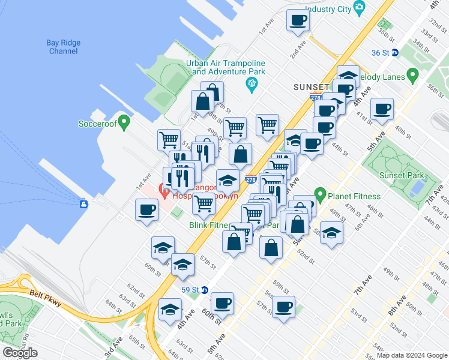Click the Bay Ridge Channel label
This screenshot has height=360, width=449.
(63, 47)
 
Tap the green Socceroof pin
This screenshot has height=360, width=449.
(124, 124)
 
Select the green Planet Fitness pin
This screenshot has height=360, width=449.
(321, 196)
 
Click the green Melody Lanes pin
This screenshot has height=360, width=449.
(412, 76)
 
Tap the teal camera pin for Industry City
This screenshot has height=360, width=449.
(360, 8)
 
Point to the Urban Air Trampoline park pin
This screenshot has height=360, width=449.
(252, 83)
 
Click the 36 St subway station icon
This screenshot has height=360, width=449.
(395, 52)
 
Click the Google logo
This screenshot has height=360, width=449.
(20, 353)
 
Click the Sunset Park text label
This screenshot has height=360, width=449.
(402, 175)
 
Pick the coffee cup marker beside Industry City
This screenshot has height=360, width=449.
(298, 20)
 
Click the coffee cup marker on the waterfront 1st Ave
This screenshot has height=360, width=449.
(146, 210)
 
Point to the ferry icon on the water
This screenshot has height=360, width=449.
(83, 204)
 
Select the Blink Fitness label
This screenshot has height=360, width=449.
(209, 225)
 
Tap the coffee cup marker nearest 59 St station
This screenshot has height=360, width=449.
(222, 304)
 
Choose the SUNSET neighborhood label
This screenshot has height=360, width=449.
(312, 87)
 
